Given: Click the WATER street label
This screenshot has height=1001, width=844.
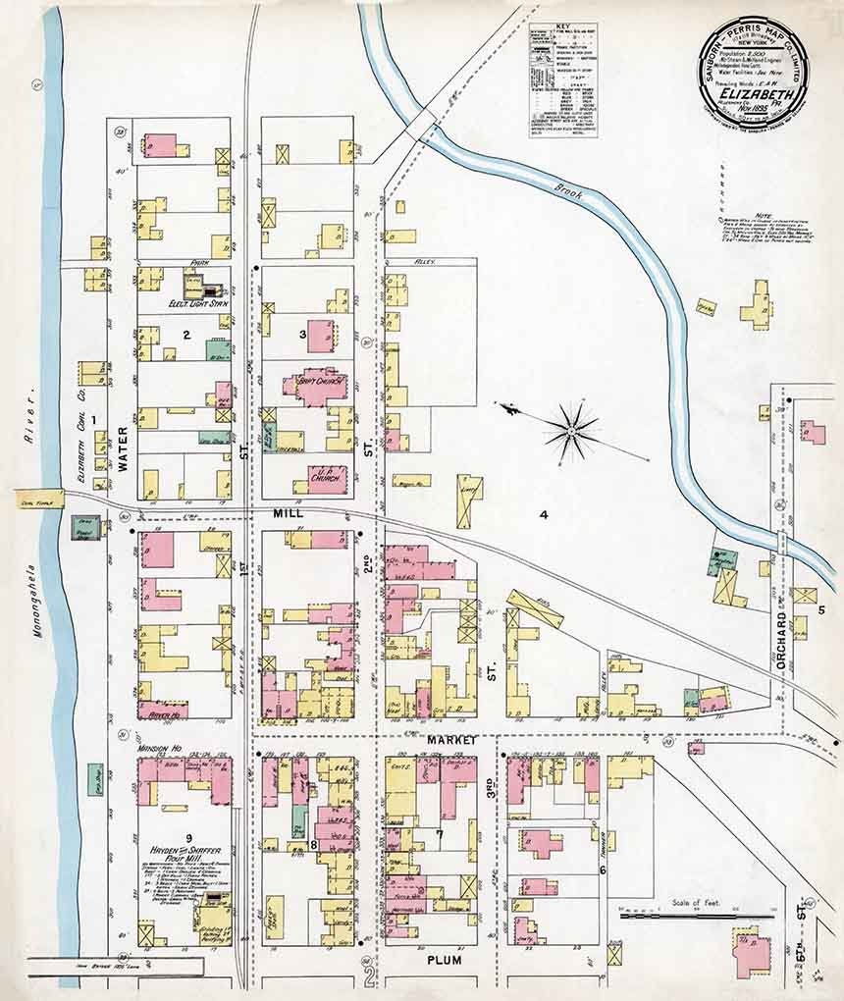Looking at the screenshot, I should [x=124, y=449].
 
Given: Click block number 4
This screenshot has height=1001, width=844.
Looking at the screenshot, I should [x=542, y=513].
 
